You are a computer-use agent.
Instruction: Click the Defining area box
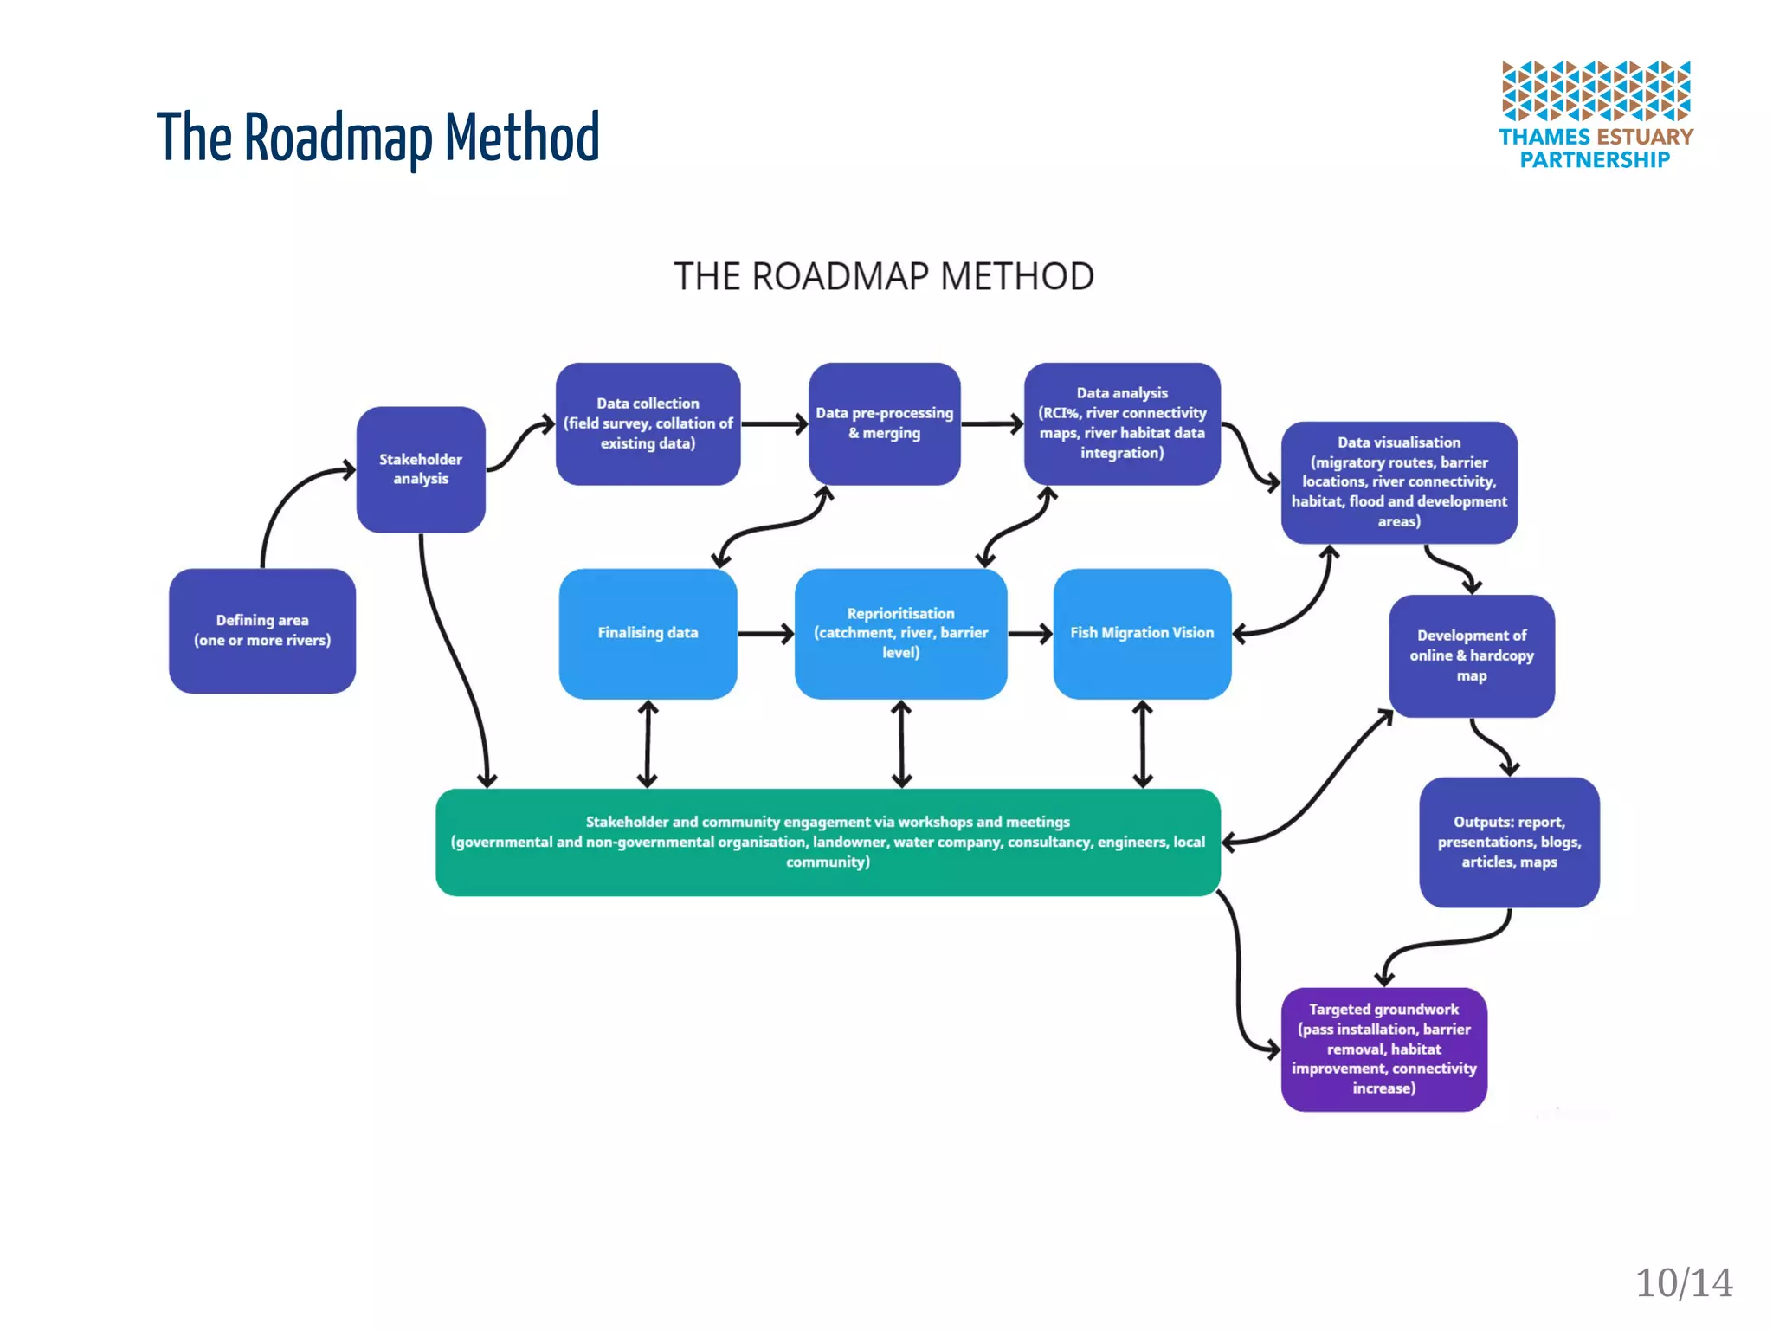click(262, 630)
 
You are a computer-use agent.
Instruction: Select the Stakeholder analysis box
click(421, 469)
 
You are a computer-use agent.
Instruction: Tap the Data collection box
click(648, 423)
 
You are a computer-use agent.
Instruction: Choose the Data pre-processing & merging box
click(884, 423)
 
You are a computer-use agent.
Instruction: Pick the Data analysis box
click(1122, 423)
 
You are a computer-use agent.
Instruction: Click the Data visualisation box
click(1398, 482)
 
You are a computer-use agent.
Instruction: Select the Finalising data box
click(648, 633)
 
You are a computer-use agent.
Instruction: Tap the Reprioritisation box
click(900, 633)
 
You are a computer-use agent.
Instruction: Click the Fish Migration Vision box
click(1142, 633)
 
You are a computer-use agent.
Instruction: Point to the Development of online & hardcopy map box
click(1471, 655)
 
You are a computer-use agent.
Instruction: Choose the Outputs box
click(1509, 842)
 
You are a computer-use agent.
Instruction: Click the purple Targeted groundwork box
click(1383, 1049)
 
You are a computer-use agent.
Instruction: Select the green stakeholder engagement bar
click(828, 842)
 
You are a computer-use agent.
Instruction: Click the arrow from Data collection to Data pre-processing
click(774, 424)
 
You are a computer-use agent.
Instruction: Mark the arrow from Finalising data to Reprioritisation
click(765, 634)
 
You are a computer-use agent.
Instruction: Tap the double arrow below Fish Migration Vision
click(1143, 744)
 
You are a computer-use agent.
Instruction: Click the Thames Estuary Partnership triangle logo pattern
click(1596, 90)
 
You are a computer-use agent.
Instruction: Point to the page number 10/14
click(1683, 1282)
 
